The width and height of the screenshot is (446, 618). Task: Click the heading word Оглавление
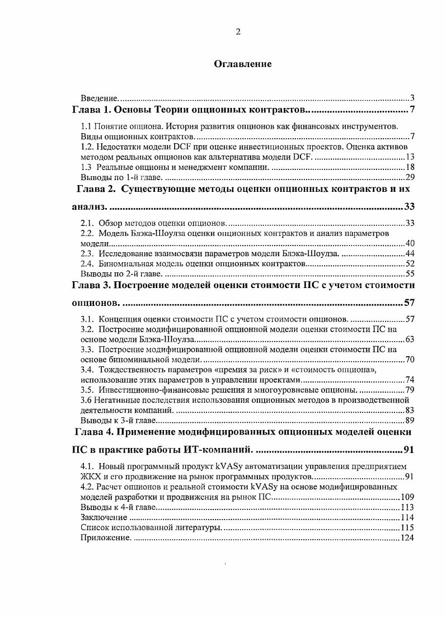click(243, 64)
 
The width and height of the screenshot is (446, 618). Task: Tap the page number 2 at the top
click(238, 32)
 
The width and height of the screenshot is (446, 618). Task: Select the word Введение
click(98, 98)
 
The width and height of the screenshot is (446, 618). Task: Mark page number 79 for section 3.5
click(409, 389)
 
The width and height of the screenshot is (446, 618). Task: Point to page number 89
click(409, 420)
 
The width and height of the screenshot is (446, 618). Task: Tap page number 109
click(407, 497)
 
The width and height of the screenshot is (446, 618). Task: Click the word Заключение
click(100, 518)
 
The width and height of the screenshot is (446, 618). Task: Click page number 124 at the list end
click(407, 538)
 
